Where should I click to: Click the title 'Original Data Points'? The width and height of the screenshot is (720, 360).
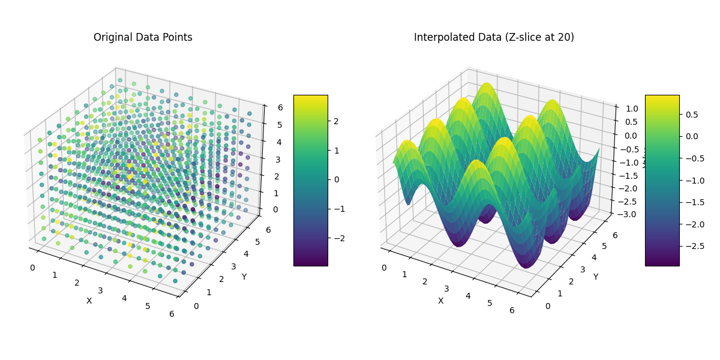tap(143, 37)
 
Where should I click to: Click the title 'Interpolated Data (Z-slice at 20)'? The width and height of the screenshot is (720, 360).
tap(494, 37)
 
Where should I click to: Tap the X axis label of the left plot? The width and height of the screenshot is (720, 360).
tap(89, 301)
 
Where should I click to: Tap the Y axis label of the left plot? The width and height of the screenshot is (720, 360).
tap(244, 277)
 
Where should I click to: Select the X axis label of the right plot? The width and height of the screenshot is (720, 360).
tap(440, 301)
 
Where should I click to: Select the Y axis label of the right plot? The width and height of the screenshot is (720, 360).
tap(595, 277)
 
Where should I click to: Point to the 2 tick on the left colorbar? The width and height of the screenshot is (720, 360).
tap(337, 121)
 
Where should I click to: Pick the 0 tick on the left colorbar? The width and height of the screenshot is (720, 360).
tap(337, 179)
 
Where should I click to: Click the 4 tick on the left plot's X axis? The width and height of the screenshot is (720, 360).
tap(124, 298)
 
